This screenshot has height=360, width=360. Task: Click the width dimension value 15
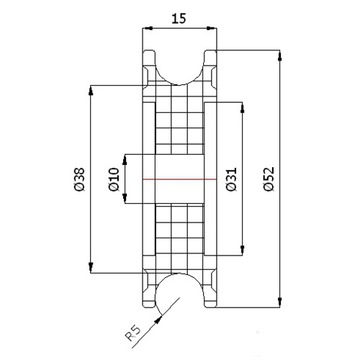pos(179,19)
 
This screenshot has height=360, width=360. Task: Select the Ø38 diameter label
pos(80,179)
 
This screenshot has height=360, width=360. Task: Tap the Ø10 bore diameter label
pos(114,179)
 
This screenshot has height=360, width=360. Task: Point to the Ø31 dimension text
pos(231,179)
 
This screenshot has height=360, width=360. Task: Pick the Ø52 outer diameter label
pos(268,179)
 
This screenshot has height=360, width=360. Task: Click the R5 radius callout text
pos(134,334)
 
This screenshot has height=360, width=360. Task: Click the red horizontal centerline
pos(180,179)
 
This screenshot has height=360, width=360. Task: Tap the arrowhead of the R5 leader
pos(159,320)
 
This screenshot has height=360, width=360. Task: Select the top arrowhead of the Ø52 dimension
pos(280,55)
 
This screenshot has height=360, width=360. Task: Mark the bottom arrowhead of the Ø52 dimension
pos(280,302)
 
